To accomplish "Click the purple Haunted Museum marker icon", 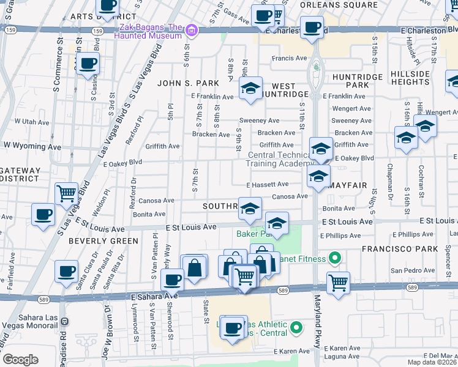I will point(192,30).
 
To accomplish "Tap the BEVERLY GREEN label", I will point(103,241).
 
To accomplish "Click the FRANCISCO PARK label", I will point(408,249).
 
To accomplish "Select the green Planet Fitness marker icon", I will point(334,258).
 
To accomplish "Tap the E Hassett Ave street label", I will point(268,184).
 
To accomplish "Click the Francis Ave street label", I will point(289,60).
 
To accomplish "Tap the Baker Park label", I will point(249,234).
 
